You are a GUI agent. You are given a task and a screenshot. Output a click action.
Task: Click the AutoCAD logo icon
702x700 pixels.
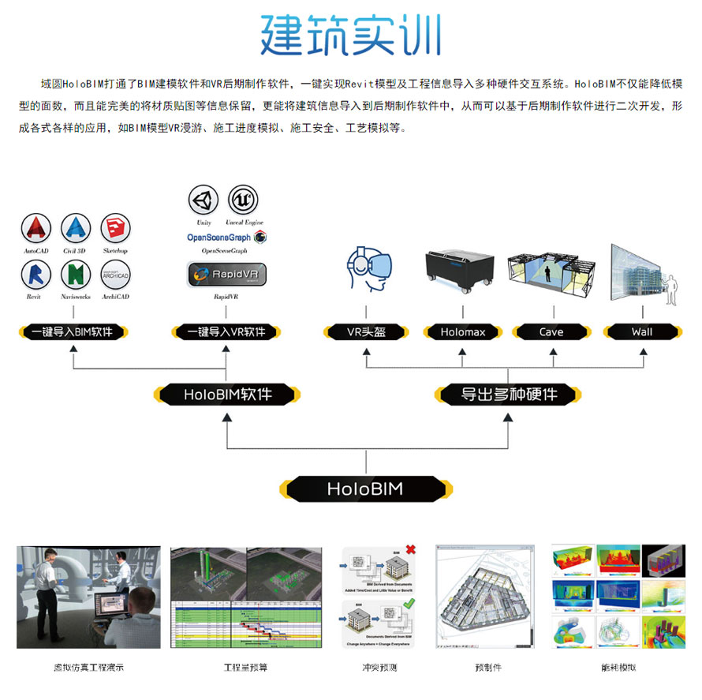click(x=36, y=228)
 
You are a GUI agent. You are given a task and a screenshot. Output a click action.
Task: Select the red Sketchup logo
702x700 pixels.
click(x=115, y=228)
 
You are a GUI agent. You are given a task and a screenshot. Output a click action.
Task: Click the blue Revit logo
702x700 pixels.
click(x=36, y=275)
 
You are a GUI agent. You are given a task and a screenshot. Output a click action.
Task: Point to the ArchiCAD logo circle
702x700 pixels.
click(x=115, y=275)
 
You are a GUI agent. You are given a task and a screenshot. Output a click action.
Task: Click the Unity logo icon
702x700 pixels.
click(x=204, y=200)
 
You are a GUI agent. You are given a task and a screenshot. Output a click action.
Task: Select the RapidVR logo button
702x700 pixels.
click(x=226, y=275)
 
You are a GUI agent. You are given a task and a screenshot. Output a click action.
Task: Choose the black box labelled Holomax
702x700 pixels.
click(x=463, y=332)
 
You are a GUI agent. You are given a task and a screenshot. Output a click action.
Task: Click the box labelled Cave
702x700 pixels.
click(x=551, y=332)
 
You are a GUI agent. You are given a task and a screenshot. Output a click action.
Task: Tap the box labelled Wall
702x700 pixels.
click(x=642, y=332)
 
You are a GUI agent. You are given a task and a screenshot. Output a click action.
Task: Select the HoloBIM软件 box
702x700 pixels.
click(x=227, y=393)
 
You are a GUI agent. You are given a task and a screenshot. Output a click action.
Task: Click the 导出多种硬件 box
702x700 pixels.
click(x=509, y=393)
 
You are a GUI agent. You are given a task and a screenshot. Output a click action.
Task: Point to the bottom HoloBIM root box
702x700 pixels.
click(x=365, y=489)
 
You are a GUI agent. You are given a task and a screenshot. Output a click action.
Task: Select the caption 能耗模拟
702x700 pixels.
click(x=618, y=668)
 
